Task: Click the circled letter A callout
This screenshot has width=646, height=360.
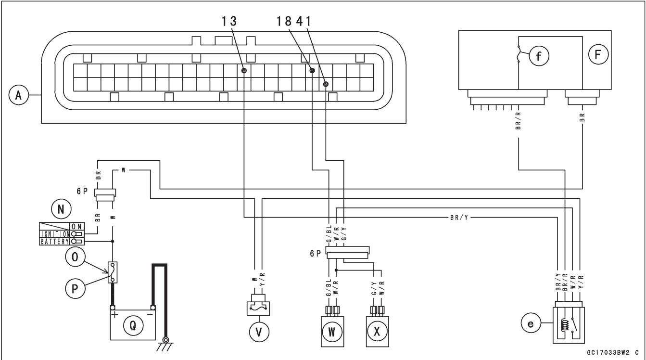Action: (x=19, y=95)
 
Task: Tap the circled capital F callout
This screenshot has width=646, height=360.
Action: (x=598, y=54)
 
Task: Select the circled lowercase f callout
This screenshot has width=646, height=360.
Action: (x=539, y=56)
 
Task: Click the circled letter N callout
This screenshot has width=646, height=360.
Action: (x=61, y=209)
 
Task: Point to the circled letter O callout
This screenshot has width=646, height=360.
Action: (x=75, y=257)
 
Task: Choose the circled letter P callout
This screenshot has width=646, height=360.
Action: (x=75, y=288)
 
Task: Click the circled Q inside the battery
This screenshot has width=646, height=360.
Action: (x=133, y=326)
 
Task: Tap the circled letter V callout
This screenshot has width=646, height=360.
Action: (x=259, y=332)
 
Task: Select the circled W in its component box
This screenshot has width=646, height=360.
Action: (x=332, y=332)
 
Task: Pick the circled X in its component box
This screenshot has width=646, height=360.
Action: (x=377, y=332)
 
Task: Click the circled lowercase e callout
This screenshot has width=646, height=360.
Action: (x=531, y=323)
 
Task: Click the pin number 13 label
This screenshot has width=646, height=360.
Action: (x=229, y=21)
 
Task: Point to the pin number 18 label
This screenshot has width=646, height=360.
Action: (x=284, y=21)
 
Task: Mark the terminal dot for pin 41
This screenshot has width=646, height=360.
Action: (x=326, y=84)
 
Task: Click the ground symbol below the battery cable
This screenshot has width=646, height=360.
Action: (x=165, y=344)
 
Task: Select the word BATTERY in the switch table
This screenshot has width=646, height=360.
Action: (x=54, y=242)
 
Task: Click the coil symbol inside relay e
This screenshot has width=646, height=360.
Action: (x=564, y=326)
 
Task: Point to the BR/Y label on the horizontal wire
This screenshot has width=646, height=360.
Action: (x=459, y=217)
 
